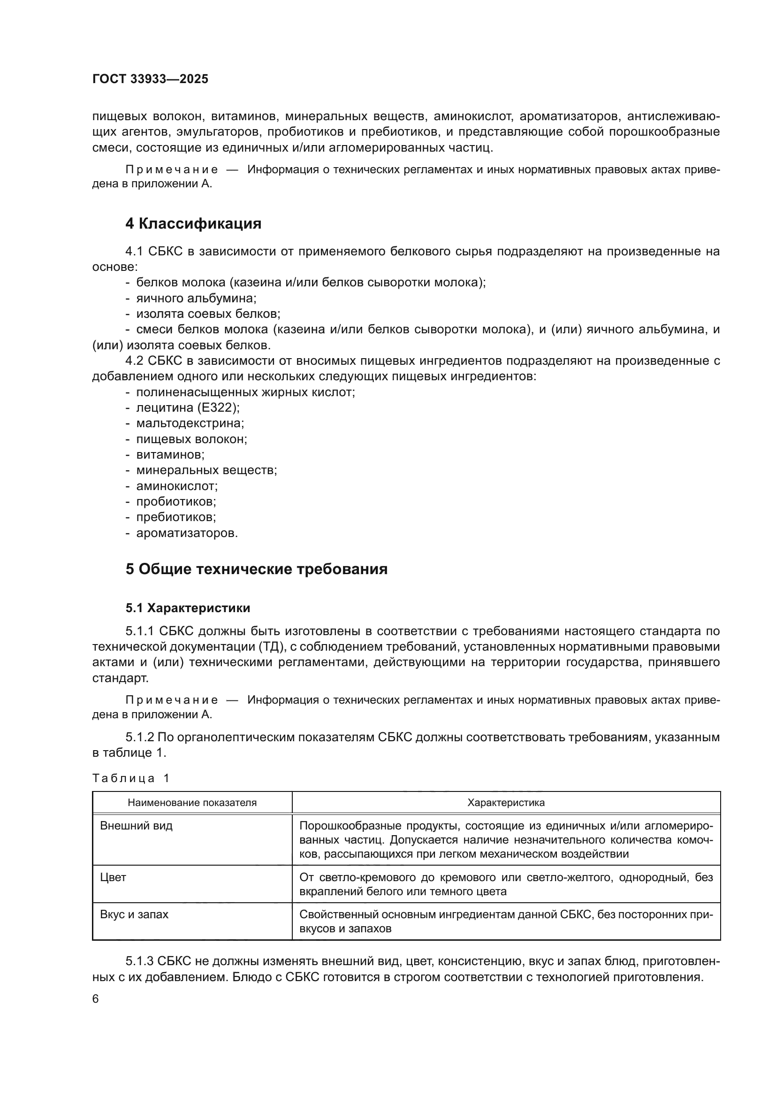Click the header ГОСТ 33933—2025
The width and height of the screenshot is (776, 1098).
(150, 79)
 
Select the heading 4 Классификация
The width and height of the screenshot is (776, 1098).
(193, 224)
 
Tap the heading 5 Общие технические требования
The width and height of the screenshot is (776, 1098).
(256, 569)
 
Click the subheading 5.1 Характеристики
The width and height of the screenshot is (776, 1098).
(188, 608)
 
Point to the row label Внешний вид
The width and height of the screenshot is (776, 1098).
(136, 826)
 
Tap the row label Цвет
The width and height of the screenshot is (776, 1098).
(113, 877)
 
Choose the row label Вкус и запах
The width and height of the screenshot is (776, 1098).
(134, 915)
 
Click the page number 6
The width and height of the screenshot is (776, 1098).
(96, 999)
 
